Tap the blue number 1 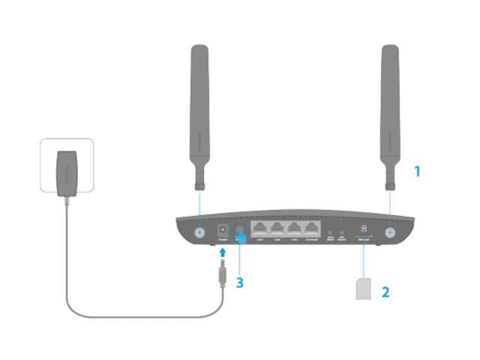pyautogui.click(x=418, y=172)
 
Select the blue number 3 pyautogui.click(x=239, y=283)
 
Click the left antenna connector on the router pyautogui.click(x=200, y=232)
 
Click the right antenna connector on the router pyautogui.click(x=390, y=232)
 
